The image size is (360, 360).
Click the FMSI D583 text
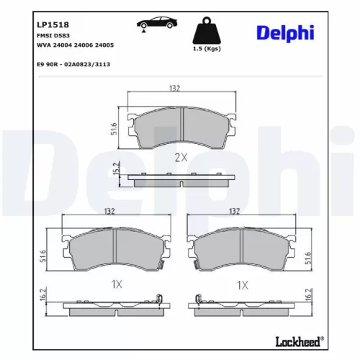pos(51,35)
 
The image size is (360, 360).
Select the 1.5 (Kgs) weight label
pos(207,50)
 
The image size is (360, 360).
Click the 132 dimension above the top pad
pos(174,88)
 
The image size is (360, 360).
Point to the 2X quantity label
pos(179,157)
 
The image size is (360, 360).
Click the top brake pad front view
pos(181,127)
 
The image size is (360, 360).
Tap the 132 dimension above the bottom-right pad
pos(233,212)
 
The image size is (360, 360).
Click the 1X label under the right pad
pos(241,285)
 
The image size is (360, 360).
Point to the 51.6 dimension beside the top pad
pos(114,129)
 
